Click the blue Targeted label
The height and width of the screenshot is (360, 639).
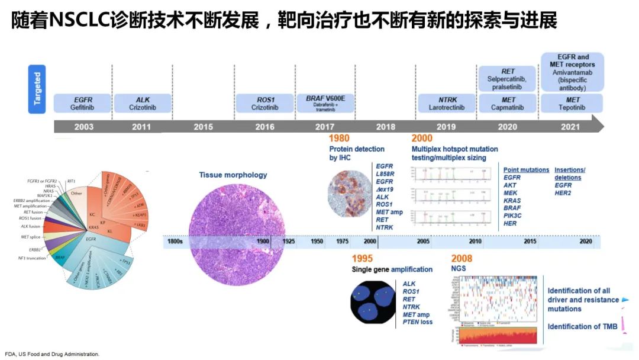pos(37,89)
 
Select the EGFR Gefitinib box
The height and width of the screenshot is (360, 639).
pos(82,103)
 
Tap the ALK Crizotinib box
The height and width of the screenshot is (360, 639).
pos(143,103)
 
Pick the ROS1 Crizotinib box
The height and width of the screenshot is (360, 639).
pos(264,103)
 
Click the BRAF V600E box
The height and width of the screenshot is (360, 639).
pos(325,103)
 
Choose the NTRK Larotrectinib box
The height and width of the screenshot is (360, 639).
pos(447,103)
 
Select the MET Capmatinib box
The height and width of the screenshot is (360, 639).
pos(508,103)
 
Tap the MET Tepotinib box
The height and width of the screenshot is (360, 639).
pos(572,103)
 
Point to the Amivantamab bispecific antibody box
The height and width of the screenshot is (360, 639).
pos(572,72)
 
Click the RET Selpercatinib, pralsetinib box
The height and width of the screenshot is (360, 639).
pos(508,79)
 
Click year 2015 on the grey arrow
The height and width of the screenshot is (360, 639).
pos(203,127)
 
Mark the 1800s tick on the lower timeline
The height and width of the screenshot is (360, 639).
pos(176,242)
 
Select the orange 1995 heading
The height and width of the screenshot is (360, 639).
pos(362,258)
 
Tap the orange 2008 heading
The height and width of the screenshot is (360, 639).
pos(461,258)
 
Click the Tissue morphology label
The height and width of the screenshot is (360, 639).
pos(233,175)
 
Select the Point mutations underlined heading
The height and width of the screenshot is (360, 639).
pos(526,170)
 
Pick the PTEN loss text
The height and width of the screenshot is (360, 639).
pos(418,322)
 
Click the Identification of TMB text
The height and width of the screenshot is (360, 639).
pos(582,326)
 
